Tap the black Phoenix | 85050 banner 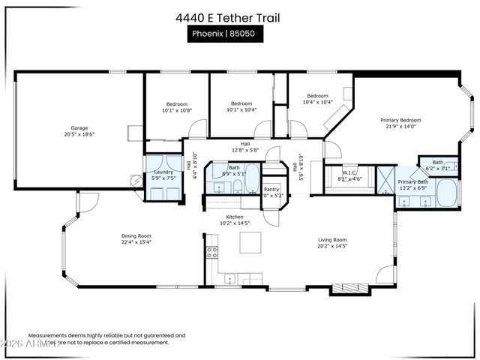225,34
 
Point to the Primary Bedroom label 400,120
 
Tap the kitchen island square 250,242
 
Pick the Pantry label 271,189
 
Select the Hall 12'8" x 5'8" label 245,147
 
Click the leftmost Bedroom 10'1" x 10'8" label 177,106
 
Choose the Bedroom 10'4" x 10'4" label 317,99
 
